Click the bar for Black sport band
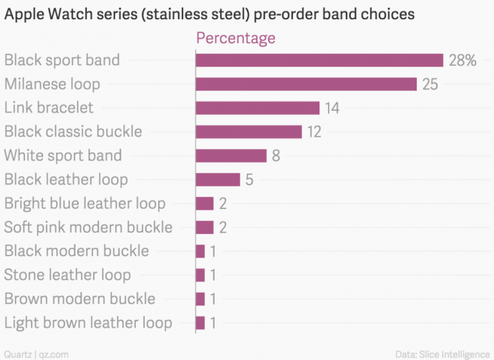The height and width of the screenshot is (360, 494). (319, 60)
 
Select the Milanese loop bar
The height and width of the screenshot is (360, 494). (306, 84)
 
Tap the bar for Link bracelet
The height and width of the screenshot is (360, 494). (257, 108)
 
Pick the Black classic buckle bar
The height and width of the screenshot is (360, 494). (248, 132)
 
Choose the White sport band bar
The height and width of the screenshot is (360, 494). (231, 155)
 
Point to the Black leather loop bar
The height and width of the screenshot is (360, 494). (218, 180)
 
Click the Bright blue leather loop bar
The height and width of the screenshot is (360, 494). (205, 203)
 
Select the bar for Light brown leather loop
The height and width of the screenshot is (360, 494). (200, 323)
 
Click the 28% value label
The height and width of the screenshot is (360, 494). (462, 60)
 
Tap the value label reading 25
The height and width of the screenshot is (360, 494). (430, 84)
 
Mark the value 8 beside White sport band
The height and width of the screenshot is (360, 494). (276, 155)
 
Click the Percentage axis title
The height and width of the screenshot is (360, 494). (236, 38)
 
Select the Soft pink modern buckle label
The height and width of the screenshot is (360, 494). (88, 228)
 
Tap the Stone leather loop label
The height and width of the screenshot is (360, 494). (67, 275)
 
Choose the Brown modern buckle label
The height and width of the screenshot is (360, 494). (79, 299)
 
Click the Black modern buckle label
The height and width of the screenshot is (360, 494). (77, 251)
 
